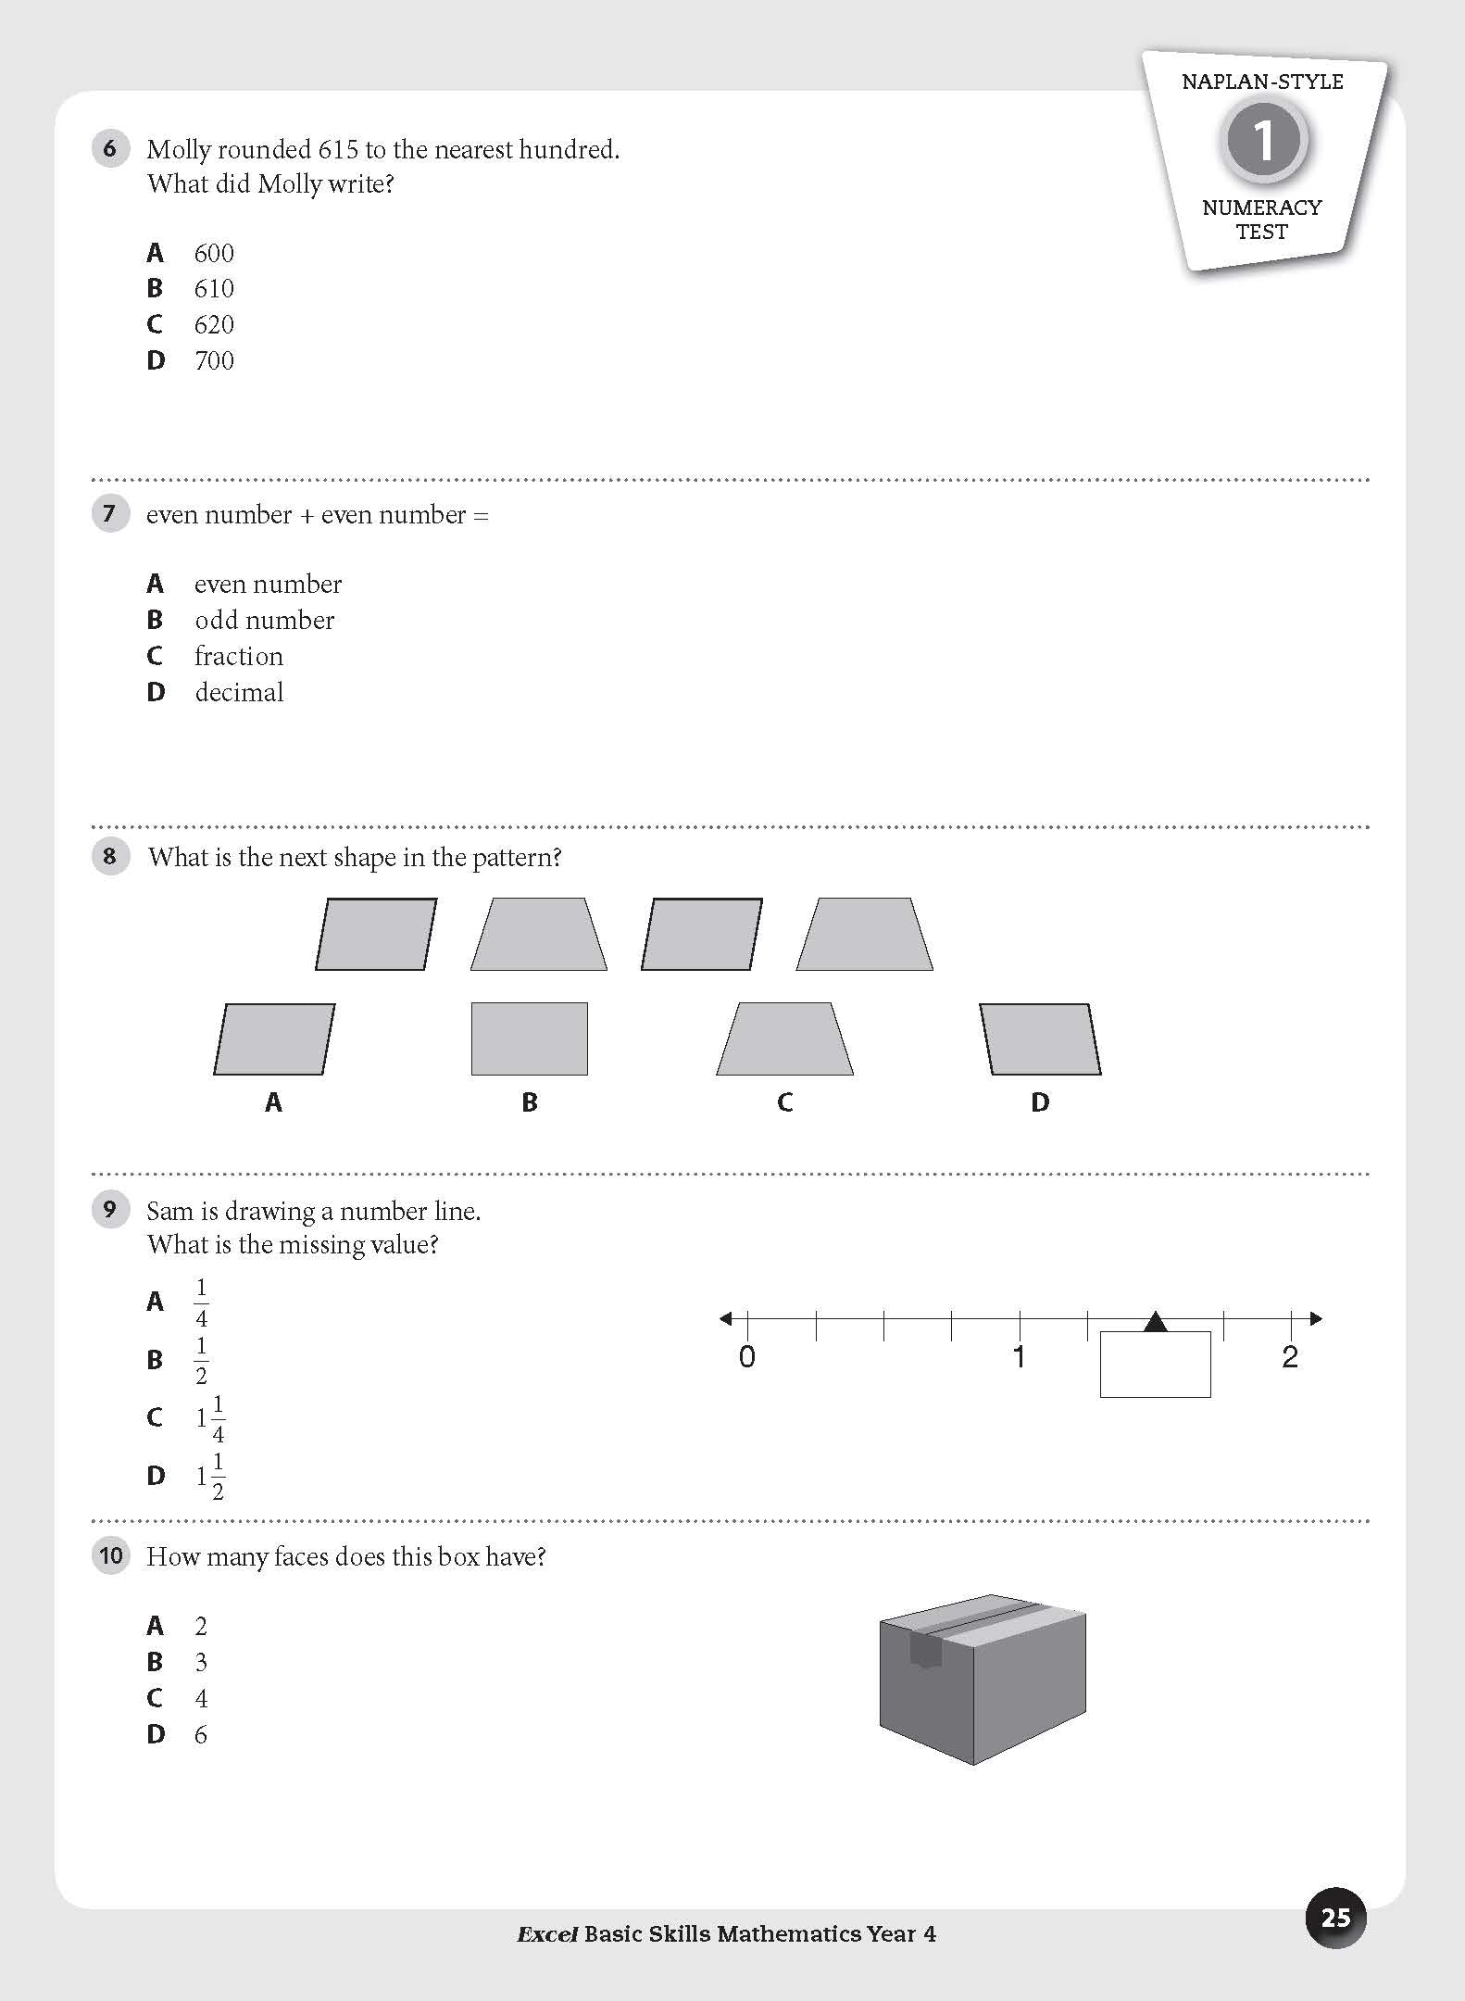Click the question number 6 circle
pyautogui.click(x=110, y=148)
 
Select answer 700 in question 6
pyautogui.click(x=214, y=360)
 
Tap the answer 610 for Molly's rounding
pyautogui.click(x=214, y=289)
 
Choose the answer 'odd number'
pyautogui.click(x=264, y=620)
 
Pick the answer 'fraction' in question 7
pyautogui.click(x=239, y=656)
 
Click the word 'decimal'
pyautogui.click(x=239, y=692)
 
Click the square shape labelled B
pyautogui.click(x=530, y=1038)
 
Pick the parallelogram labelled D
pyautogui.click(x=1040, y=1039)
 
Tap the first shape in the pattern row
pyautogui.click(x=376, y=934)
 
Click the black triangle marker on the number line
pyautogui.click(x=1155, y=1322)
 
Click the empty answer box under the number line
pyautogui.click(x=1155, y=1365)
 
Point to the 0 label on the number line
pyautogui.click(x=747, y=1357)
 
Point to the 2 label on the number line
pyautogui.click(x=1290, y=1357)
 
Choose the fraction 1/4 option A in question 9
pyautogui.click(x=201, y=1303)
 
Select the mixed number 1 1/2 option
pyautogui.click(x=210, y=1476)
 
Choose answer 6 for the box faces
pyautogui.click(x=201, y=1734)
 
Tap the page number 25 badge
pyautogui.click(x=1335, y=1917)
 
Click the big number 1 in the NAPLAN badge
pyautogui.click(x=1263, y=142)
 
